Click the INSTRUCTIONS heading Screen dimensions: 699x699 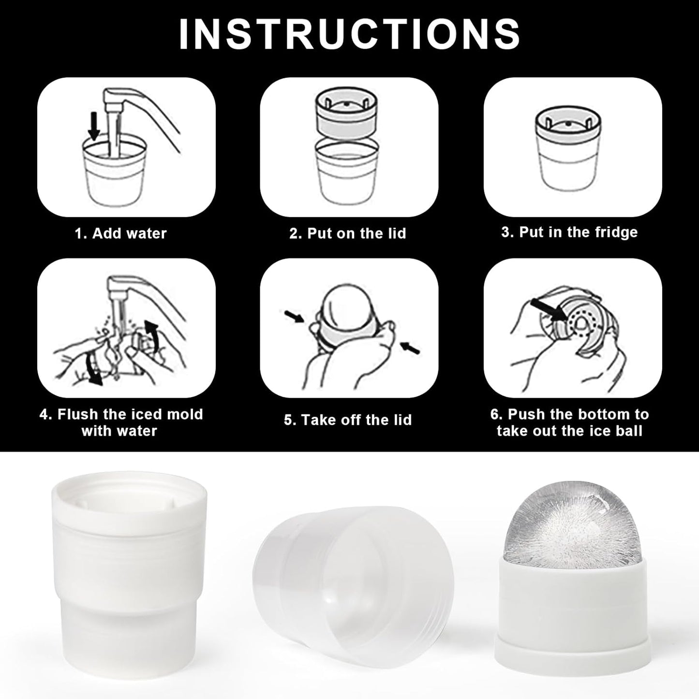point(349,34)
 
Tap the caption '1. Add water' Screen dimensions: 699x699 point(121,233)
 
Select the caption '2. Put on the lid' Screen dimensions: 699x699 point(347,233)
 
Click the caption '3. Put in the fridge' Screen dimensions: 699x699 point(569,232)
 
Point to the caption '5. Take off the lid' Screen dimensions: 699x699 point(347,420)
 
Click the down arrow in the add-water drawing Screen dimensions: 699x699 point(94,126)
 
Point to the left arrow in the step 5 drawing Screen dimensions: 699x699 point(294,316)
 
